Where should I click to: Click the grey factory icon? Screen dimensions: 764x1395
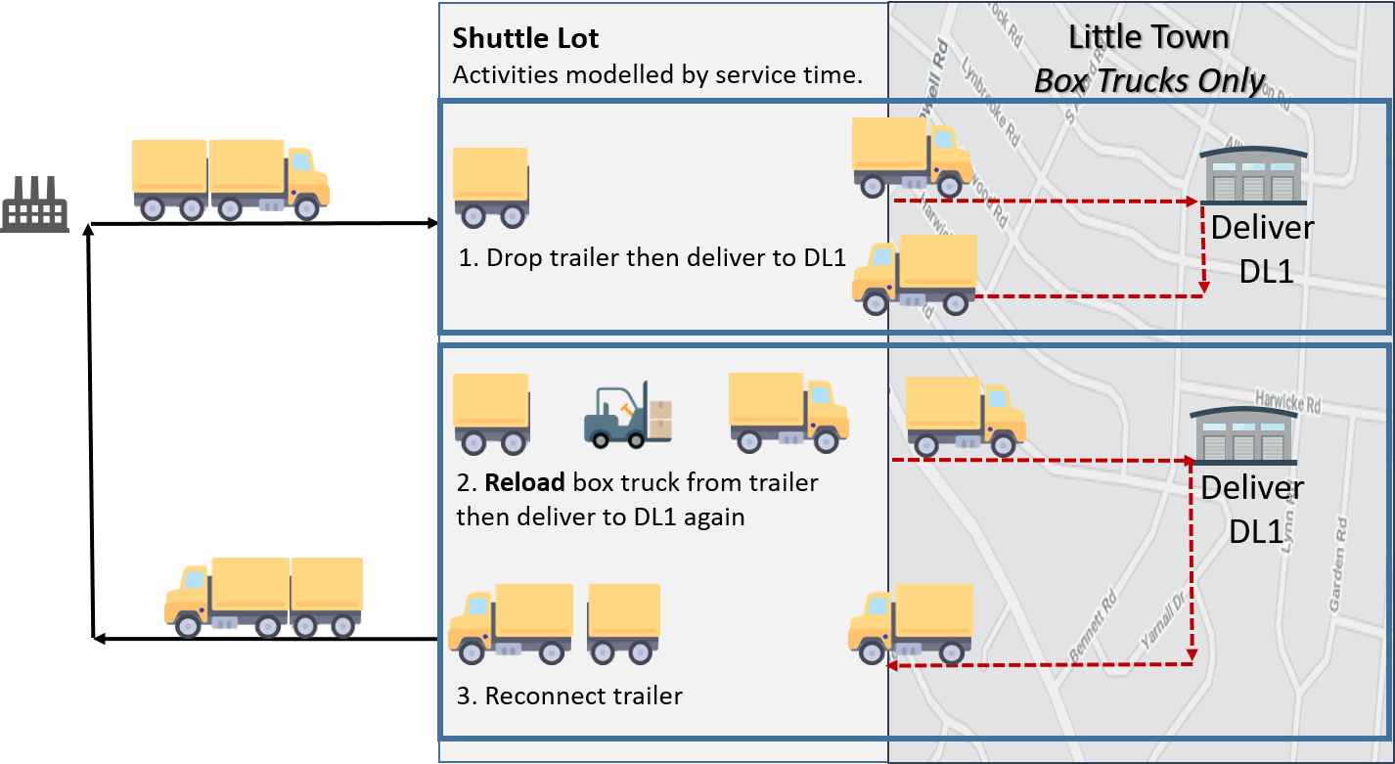point(35,204)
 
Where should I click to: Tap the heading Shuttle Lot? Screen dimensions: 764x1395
point(525,39)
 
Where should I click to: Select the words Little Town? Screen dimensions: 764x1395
point(1147,37)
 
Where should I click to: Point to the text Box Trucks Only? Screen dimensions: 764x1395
point(1149,80)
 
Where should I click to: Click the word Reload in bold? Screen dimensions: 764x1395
point(525,482)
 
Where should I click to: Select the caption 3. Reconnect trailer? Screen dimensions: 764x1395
point(569,697)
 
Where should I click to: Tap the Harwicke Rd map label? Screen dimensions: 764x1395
point(1287,402)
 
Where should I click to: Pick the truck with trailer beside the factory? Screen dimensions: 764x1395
point(230,178)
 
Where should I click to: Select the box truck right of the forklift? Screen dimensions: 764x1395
point(787,412)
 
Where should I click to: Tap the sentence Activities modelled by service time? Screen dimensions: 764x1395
point(657,75)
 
